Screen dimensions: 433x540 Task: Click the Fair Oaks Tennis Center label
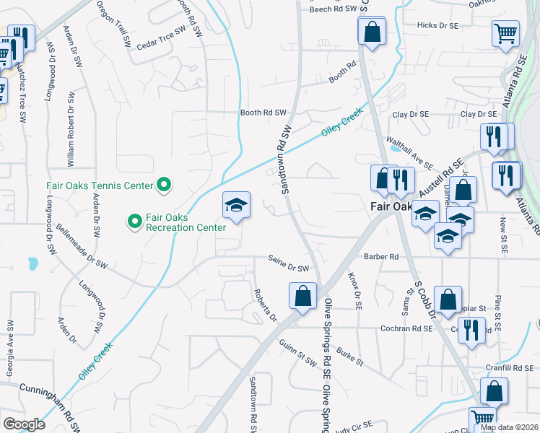(x=100, y=185)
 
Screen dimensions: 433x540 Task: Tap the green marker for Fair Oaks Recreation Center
(x=134, y=221)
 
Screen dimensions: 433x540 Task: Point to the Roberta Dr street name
(x=265, y=306)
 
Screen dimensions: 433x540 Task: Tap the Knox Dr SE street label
(x=354, y=290)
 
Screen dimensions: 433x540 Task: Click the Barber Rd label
(x=381, y=257)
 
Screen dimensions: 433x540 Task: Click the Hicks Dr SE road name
(x=437, y=25)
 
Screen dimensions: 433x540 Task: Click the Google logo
(x=24, y=424)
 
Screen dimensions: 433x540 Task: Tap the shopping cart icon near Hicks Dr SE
(x=505, y=32)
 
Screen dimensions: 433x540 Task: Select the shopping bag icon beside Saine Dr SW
(x=302, y=294)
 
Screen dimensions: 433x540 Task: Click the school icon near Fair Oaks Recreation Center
(x=235, y=205)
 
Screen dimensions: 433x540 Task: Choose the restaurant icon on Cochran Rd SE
(x=471, y=331)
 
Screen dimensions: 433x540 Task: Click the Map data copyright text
(x=510, y=427)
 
